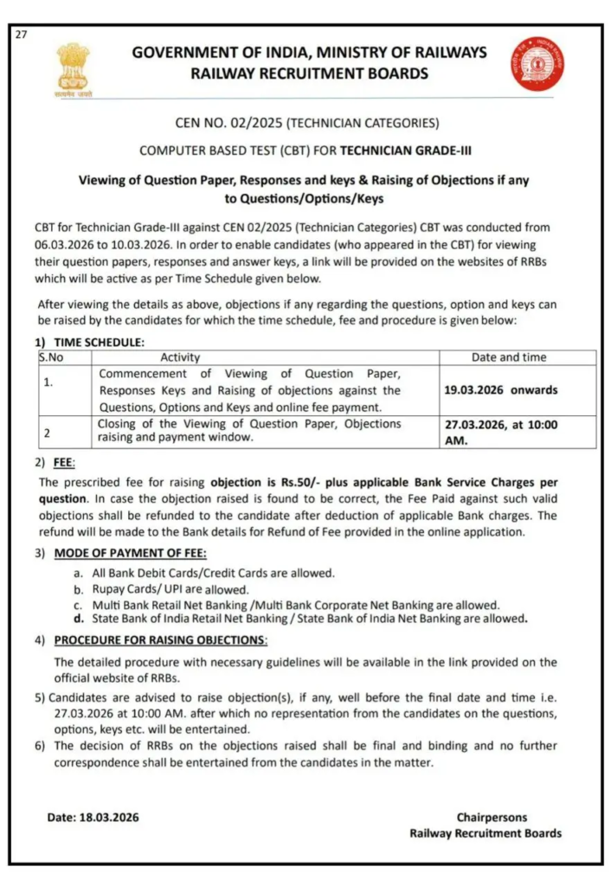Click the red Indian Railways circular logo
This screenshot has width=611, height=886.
point(537,63)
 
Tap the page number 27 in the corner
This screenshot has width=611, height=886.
point(21,34)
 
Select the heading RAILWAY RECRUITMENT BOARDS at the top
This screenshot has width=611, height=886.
point(309,74)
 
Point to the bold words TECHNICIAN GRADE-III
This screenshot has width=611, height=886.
point(406,151)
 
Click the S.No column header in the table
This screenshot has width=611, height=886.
point(51,356)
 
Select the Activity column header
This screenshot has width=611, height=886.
point(180,356)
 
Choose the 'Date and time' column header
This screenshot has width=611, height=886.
point(508,356)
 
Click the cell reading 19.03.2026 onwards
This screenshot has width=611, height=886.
point(500,390)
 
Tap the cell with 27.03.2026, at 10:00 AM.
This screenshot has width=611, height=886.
point(500,432)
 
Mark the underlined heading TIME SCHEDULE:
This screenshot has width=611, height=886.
point(99,343)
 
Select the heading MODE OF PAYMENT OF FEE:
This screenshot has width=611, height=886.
point(130,553)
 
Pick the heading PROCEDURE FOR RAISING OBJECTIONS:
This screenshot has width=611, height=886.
point(161,640)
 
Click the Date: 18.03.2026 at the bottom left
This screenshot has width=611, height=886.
point(93,817)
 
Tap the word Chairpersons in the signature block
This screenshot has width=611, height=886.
point(492,817)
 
